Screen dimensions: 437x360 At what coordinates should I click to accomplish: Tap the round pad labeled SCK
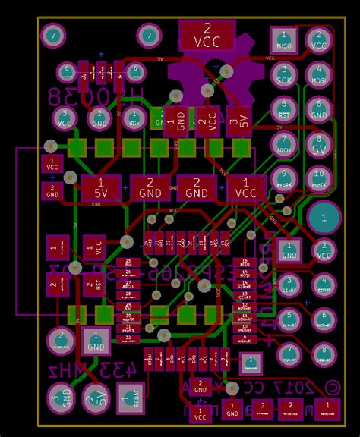tap(284, 75)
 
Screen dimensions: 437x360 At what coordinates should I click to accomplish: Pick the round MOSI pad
tap(319, 75)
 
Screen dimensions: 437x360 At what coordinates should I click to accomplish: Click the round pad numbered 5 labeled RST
tap(284, 110)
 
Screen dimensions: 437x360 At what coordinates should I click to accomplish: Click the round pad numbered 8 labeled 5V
tap(319, 145)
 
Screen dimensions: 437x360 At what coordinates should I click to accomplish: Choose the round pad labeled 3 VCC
tap(63, 118)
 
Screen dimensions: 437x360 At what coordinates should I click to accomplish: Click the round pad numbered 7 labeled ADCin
tap(284, 145)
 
